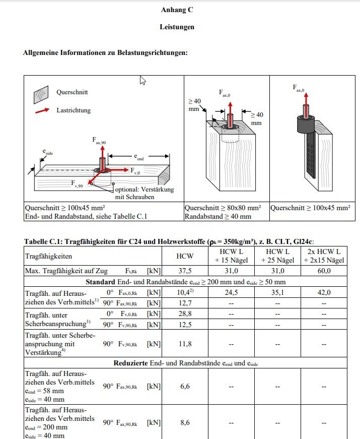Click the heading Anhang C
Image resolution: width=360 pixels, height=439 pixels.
pos(177,10)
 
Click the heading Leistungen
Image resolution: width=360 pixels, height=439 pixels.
pos(177,27)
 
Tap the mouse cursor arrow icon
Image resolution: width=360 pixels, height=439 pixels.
pos(142,81)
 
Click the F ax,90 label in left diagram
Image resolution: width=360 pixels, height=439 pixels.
pos(99,141)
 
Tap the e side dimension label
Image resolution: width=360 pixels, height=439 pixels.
pos(47,151)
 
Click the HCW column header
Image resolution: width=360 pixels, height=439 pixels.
pos(184,256)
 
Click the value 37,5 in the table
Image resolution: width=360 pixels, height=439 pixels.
pos(184,271)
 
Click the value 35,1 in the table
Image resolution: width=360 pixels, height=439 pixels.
pos(277,292)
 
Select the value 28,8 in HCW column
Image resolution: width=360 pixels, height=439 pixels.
pos(184,313)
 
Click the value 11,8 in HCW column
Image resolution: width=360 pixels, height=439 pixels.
pos(184,344)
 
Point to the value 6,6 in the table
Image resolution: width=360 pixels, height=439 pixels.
pos(184,386)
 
